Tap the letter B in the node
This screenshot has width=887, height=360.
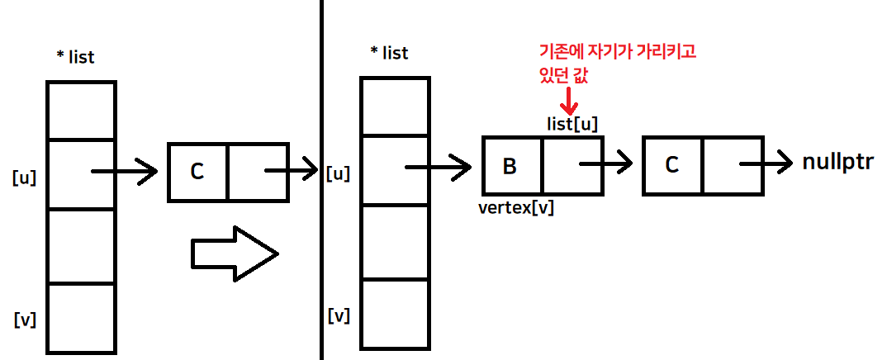click(510, 166)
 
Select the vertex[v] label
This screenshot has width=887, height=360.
click(516, 207)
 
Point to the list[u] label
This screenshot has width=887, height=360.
click(572, 124)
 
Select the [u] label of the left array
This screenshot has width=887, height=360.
click(24, 177)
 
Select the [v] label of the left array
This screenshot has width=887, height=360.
click(24, 319)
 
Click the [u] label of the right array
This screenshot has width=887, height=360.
click(339, 173)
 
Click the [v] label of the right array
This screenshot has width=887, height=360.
click(339, 315)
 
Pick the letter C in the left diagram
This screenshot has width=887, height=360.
click(197, 172)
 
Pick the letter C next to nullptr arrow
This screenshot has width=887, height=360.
click(672, 165)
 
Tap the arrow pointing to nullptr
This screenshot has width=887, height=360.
click(767, 163)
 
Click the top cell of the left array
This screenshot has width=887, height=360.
click(81, 111)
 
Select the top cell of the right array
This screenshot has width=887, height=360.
click(395, 107)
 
